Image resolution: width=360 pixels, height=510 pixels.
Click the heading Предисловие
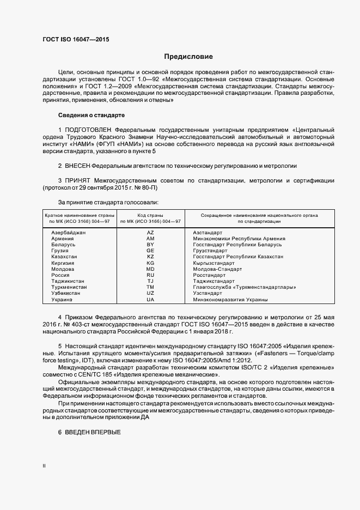(188, 57)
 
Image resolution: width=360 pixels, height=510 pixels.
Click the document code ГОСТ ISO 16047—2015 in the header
(79, 40)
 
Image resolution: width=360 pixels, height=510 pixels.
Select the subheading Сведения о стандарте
(91, 116)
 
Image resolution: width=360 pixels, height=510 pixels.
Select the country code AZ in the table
(150, 233)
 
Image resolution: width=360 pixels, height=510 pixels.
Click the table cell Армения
(63, 239)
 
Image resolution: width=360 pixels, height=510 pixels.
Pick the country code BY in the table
(150, 245)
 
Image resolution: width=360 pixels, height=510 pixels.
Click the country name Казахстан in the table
(64, 257)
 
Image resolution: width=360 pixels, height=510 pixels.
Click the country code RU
(150, 275)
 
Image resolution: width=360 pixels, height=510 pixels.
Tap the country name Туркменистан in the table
(69, 287)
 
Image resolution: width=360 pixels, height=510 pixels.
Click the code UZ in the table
(150, 293)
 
